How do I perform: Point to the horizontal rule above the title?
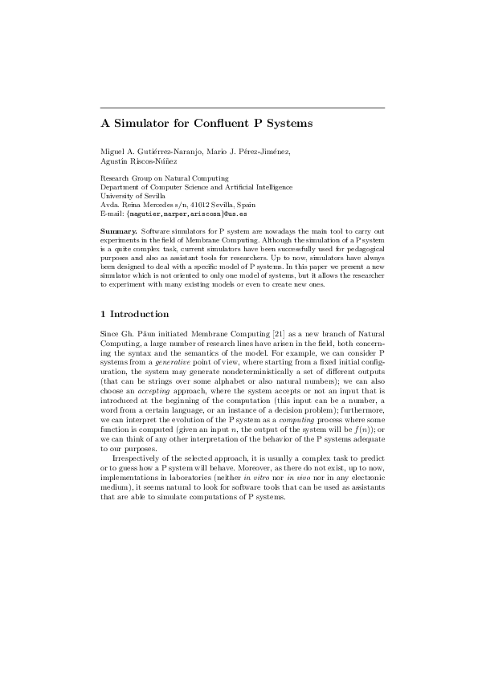click(x=242, y=108)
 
